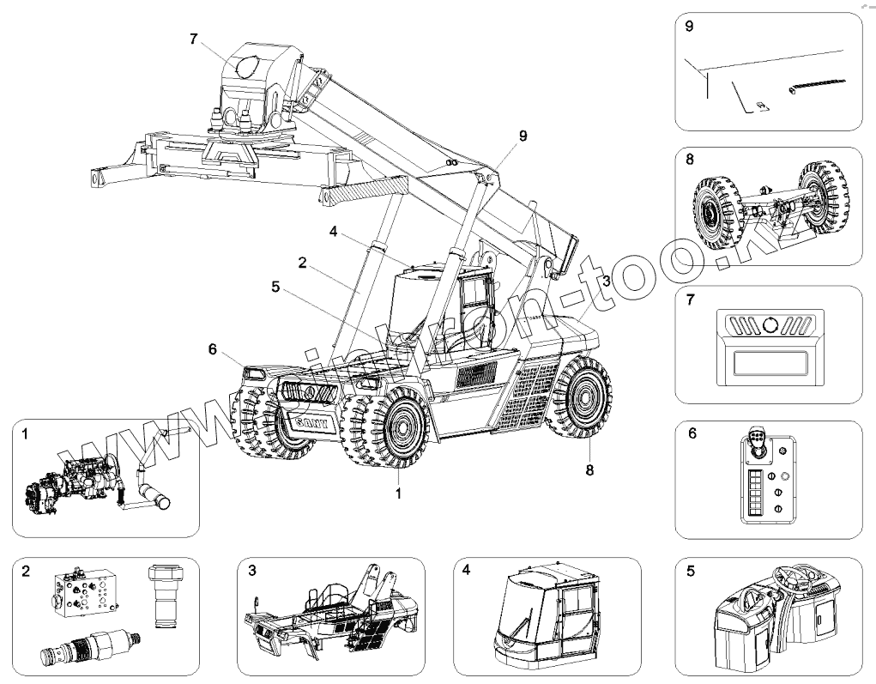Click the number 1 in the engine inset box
click(x=25, y=435)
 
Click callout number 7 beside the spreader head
click(x=194, y=39)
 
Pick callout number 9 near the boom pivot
click(x=524, y=136)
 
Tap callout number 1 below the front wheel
click(x=399, y=495)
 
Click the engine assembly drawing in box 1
click(x=69, y=486)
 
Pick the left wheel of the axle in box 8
click(x=716, y=210)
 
